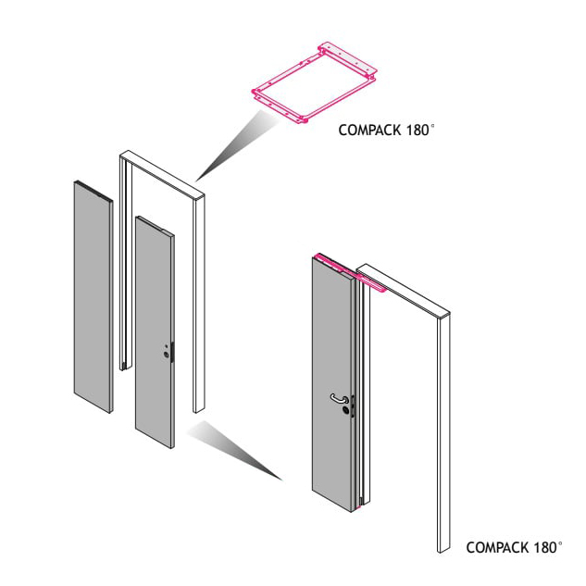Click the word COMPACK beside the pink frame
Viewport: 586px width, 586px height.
[368, 130]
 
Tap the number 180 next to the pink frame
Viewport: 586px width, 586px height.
[417, 130]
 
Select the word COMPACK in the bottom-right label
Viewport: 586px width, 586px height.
[497, 547]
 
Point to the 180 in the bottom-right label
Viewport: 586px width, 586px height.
[544, 547]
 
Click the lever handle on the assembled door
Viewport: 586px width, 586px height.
[339, 398]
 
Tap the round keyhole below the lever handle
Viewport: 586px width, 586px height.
[345, 411]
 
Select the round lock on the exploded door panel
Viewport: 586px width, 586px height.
[166, 355]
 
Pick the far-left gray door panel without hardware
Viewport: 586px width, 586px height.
[94, 297]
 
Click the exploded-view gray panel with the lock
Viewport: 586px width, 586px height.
[155, 331]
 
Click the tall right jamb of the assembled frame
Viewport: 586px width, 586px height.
[443, 433]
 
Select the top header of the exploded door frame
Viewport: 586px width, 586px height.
[162, 173]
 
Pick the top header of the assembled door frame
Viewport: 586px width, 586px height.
[403, 290]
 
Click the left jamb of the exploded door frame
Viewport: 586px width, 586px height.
[126, 262]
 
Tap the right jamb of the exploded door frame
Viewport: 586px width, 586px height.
[198, 304]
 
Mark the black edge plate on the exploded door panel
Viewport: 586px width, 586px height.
[172, 352]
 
